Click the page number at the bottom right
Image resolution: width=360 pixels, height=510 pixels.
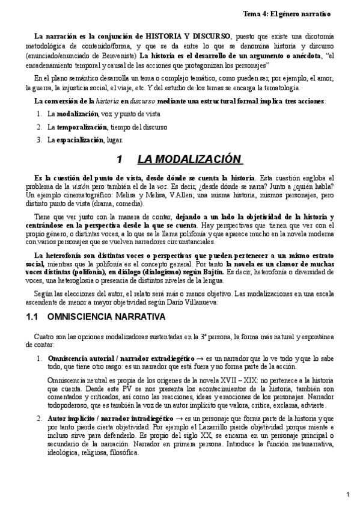coord(348,494)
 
